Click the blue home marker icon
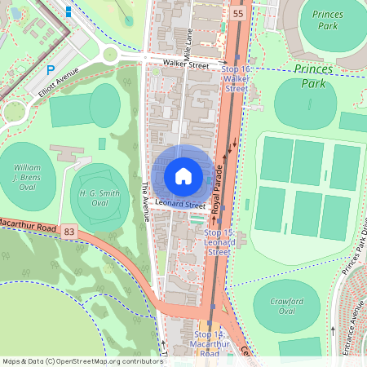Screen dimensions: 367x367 (x=183, y=176)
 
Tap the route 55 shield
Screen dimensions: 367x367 (x=237, y=15)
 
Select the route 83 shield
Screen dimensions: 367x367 (x=69, y=232)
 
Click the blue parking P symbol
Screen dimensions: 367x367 (x=51, y=71)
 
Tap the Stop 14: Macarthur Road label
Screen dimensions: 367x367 (x=208, y=344)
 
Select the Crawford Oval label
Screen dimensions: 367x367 (x=286, y=306)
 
